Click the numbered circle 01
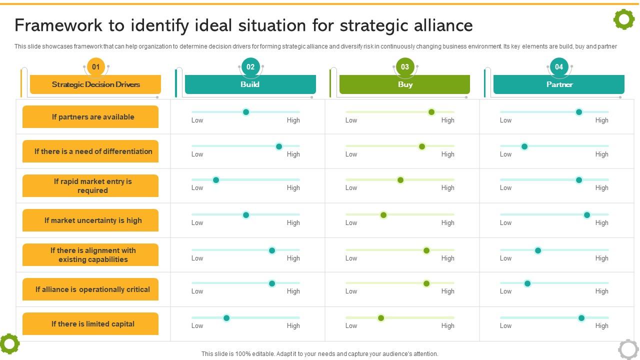pyautogui.click(x=95, y=66)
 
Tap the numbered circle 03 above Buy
pyautogui.click(x=404, y=66)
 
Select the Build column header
pyautogui.click(x=250, y=84)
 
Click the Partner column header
pyautogui.click(x=559, y=84)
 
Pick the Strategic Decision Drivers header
pyautogui.click(x=95, y=84)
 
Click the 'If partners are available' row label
pyautogui.click(x=92, y=117)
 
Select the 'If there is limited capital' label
pyautogui.click(x=92, y=324)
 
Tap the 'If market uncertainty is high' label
pyautogui.click(x=92, y=220)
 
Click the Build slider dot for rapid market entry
pyautogui.click(x=216, y=180)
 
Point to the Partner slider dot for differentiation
pyautogui.click(x=524, y=146)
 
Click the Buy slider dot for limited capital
pyautogui.click(x=381, y=318)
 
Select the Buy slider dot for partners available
pyautogui.click(x=431, y=112)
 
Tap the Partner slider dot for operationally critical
pyautogui.click(x=527, y=283)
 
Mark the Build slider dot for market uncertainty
pyautogui.click(x=246, y=215)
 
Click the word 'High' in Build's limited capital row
pyautogui.click(x=293, y=326)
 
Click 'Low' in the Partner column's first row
pyautogui.click(x=505, y=120)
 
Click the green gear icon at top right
pyautogui.click(x=623, y=19)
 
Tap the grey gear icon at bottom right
pyautogui.click(x=628, y=348)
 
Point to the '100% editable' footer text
pyautogui.click(x=319, y=353)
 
